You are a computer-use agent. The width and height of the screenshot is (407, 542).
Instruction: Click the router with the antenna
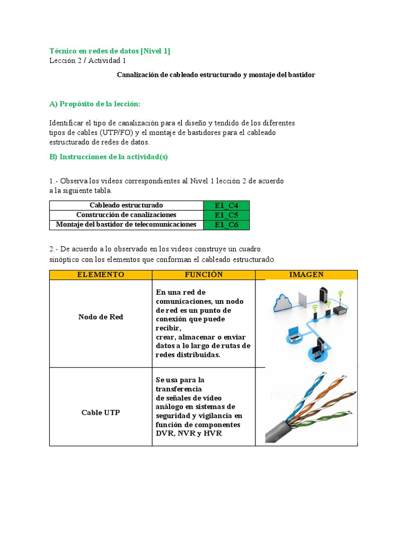pyautogui.click(x=341, y=309)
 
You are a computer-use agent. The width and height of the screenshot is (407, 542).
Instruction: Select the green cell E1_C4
pyautogui.click(x=226, y=205)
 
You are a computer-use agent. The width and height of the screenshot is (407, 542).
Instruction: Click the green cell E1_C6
pyautogui.click(x=226, y=225)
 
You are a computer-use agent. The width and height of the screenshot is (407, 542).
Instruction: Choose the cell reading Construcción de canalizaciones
pyautogui.click(x=126, y=215)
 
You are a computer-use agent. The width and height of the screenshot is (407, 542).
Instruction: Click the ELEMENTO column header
pyautogui.click(x=101, y=275)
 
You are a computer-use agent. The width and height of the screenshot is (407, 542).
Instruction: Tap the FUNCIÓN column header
pyautogui.click(x=203, y=275)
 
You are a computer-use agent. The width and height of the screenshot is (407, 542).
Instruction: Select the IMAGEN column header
pyautogui.click(x=306, y=275)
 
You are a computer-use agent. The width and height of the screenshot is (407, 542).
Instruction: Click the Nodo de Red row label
pyautogui.click(x=101, y=317)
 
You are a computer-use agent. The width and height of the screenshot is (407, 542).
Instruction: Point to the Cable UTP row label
pyautogui.click(x=101, y=412)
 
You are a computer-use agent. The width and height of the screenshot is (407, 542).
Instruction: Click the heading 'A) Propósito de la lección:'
pyautogui.click(x=95, y=104)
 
